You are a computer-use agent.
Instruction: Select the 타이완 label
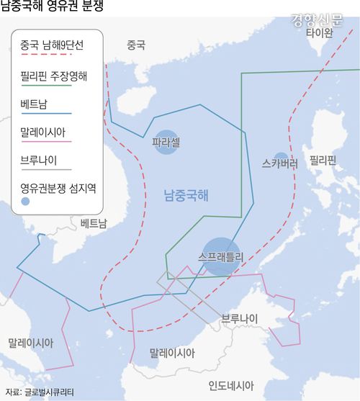319,33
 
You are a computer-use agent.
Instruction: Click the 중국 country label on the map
135,45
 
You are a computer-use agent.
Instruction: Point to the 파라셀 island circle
166,143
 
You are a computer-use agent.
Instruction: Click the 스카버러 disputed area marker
281,161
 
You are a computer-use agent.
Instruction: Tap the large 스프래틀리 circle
221,256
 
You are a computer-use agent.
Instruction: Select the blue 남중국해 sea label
186,194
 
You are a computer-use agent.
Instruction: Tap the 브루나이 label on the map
240,317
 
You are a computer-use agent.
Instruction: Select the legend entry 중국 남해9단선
52,45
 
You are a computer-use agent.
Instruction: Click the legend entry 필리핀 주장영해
55,75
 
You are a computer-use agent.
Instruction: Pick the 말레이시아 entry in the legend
45,132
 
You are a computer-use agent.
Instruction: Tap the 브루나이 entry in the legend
40,161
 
